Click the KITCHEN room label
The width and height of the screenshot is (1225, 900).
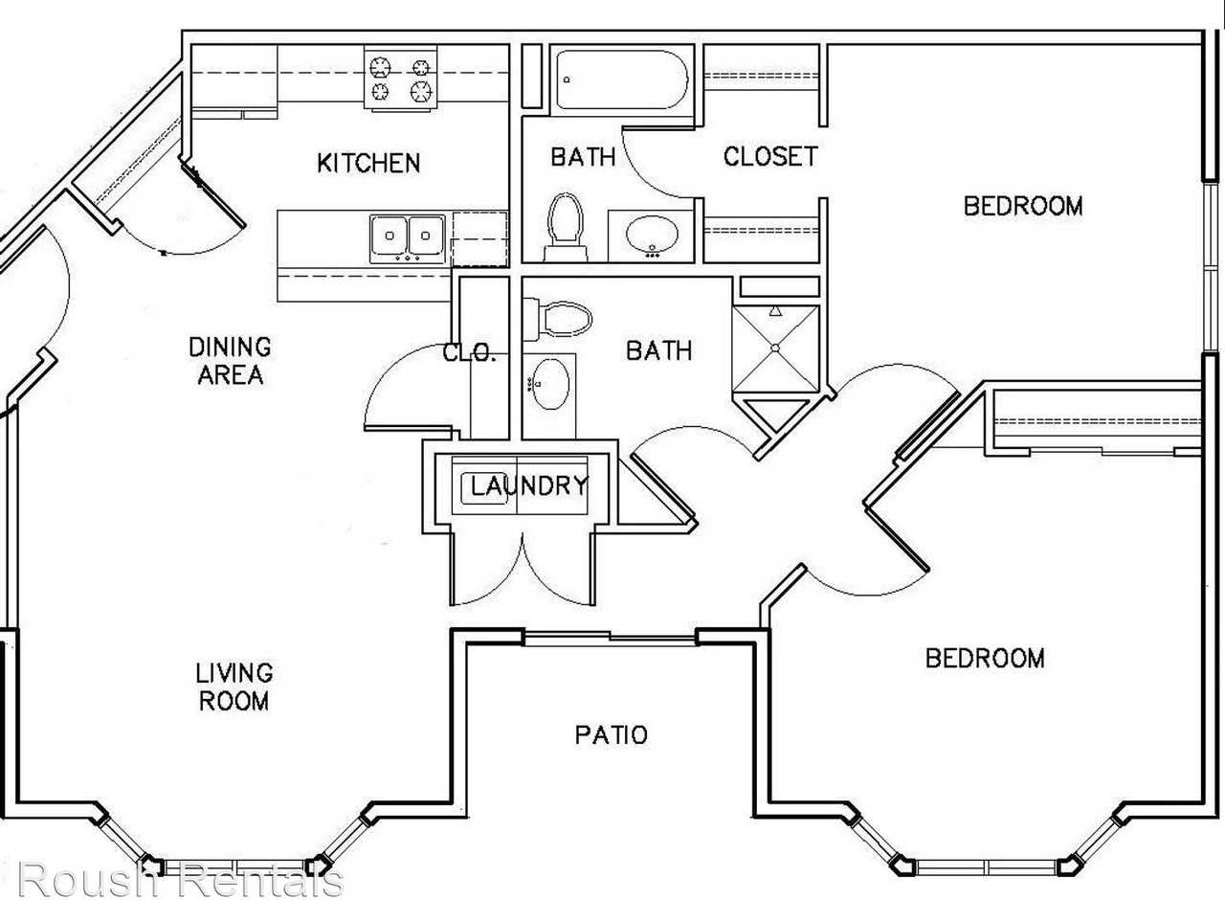tap(368, 163)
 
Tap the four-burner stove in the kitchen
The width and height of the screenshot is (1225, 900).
tap(401, 79)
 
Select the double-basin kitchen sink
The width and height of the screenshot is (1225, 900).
tap(407, 238)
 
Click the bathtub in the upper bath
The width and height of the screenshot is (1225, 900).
tap(622, 79)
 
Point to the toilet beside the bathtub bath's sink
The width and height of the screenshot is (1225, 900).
tap(566, 227)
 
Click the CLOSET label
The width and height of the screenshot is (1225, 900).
tap(770, 156)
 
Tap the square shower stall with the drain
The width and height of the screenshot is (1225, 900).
tap(775, 349)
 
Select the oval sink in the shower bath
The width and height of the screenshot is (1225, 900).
tap(549, 384)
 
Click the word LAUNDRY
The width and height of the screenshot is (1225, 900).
tap(529, 485)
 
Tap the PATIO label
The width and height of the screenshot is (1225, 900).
tap(611, 734)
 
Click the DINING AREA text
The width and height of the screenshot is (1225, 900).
tap(231, 361)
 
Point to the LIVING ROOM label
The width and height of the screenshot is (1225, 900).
tap(234, 687)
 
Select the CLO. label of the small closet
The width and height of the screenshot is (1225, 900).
tap(469, 353)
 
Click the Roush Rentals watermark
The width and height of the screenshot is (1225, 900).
tap(181, 879)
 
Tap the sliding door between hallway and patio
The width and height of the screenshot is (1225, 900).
tap(611, 638)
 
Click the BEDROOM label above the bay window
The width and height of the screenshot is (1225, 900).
tap(985, 658)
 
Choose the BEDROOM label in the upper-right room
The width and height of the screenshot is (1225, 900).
tap(1023, 206)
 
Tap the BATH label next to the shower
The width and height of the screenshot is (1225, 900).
tap(659, 350)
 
